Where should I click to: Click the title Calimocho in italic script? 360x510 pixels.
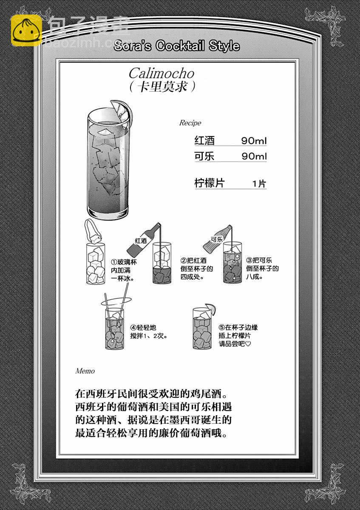tap(162, 74)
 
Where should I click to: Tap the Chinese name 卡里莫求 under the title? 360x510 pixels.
tap(162, 87)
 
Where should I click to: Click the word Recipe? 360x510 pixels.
tap(190, 123)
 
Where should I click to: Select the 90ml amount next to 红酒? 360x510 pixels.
tap(254, 141)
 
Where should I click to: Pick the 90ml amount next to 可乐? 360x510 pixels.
tap(254, 156)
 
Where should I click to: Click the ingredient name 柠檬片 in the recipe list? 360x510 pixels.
tap(210, 183)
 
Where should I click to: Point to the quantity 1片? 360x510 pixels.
tap(259, 184)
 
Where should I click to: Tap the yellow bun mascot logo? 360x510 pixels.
tap(26, 30)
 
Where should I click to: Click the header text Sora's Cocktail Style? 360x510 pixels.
tap(176, 46)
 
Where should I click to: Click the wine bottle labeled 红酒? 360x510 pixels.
tap(144, 239)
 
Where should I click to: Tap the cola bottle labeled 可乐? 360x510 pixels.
tap(218, 238)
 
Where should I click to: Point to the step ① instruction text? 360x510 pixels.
tap(124, 270)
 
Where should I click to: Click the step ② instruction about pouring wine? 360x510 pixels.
tap(196, 269)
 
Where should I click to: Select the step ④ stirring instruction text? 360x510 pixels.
tap(148, 332)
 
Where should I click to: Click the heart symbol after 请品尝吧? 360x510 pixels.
tap(248, 344)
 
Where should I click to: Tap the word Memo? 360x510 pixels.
tap(85, 371)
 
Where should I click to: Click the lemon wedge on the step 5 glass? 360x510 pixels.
tap(211, 309)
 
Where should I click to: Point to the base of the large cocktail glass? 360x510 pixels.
tap(108, 213)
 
